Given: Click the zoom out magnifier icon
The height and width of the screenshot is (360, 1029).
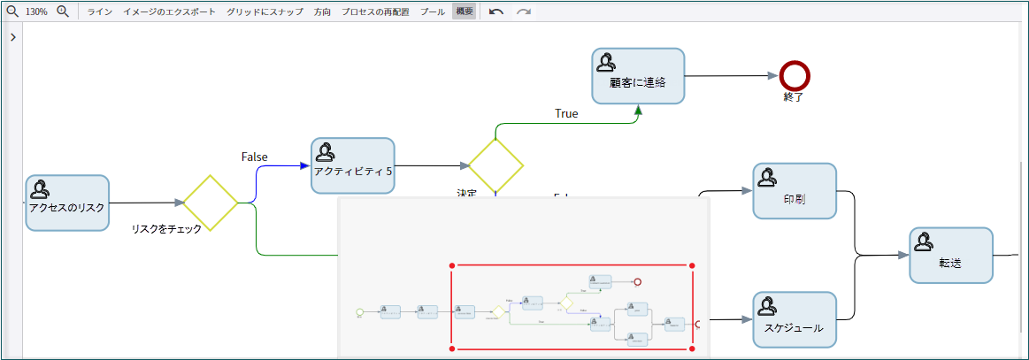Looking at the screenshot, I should [x=12, y=11].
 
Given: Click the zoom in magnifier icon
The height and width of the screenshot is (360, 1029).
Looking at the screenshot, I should [x=63, y=11].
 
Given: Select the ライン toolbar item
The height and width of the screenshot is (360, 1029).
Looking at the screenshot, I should [x=99, y=12].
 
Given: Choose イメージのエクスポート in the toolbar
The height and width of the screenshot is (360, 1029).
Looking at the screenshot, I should [x=169, y=12].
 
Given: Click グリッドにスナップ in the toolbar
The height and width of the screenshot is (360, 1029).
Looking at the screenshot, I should [x=265, y=12].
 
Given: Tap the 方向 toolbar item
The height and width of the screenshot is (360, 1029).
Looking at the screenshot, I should [x=322, y=12].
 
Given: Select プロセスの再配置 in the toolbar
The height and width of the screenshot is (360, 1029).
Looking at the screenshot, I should [x=375, y=12].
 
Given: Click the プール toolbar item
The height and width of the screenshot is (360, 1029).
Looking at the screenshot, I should [x=433, y=12].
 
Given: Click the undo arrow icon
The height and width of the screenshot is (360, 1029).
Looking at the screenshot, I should [x=496, y=12].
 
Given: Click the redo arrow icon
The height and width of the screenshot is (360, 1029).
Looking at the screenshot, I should [x=524, y=12].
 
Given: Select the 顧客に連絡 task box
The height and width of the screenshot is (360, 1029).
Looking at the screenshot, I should [x=638, y=75].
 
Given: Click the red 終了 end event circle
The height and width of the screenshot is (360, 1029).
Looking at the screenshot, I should [x=795, y=75].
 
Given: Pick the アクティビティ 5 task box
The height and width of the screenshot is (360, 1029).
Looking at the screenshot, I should [x=352, y=165].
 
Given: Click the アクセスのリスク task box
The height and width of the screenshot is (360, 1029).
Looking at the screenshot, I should [x=66, y=203].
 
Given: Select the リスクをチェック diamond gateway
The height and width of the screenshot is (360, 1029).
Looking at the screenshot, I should [x=211, y=203].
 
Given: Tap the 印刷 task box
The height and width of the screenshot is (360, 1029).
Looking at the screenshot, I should [x=795, y=191].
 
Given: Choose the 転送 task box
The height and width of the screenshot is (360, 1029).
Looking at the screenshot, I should [x=951, y=255].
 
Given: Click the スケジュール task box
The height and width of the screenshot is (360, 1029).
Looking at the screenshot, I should [x=795, y=319].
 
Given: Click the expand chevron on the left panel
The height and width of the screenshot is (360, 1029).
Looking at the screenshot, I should [x=12, y=37].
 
